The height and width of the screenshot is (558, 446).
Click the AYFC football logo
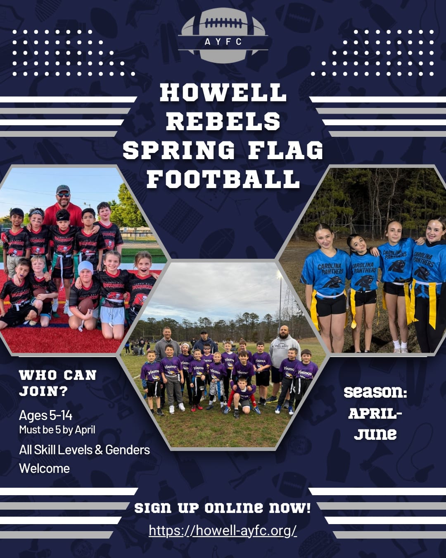click(223, 35)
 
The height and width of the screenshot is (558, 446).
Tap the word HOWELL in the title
click(223, 93)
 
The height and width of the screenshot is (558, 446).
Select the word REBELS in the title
click(223, 122)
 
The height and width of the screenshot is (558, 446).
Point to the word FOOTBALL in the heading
click(223, 179)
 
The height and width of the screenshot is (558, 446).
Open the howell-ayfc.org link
click(223, 530)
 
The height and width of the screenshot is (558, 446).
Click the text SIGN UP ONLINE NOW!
click(223, 508)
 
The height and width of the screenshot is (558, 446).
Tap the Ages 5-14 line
click(45, 415)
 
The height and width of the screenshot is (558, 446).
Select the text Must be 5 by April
click(57, 430)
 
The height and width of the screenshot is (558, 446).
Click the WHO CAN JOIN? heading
click(58, 383)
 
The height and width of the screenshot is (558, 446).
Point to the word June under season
click(375, 434)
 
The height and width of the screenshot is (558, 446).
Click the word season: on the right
click(375, 392)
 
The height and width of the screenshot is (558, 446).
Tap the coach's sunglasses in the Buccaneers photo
click(63, 194)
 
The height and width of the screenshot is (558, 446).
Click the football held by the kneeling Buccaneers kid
click(86, 306)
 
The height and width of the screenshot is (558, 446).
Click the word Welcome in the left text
click(44, 468)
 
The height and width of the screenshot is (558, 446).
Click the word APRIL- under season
click(375, 413)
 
